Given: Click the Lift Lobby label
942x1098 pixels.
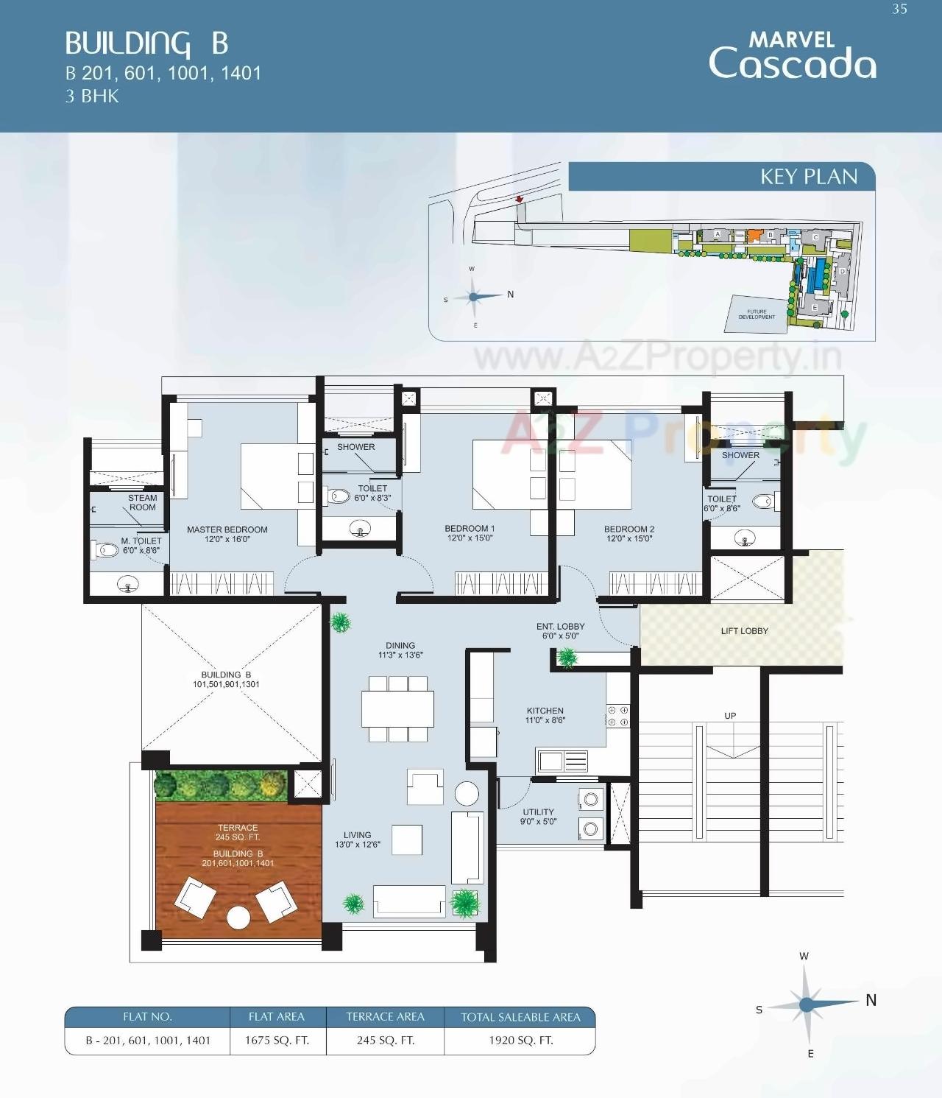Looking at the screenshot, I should tap(744, 631).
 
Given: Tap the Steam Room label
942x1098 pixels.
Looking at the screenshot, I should tap(142, 502).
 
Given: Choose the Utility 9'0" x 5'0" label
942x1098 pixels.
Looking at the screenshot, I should tap(539, 817).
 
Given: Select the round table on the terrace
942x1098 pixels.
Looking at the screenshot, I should tap(238, 918).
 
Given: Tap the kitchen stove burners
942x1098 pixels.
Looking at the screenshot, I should tap(617, 717).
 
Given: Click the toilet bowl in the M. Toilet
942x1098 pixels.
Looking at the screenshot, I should tap(100, 549).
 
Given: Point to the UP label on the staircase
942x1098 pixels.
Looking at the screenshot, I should tap(730, 716).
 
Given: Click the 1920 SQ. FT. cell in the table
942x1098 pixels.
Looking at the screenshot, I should tap(520, 1041).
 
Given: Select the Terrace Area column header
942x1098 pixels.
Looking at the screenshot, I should tap(385, 1017).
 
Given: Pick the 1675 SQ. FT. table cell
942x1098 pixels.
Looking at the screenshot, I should tap(277, 1041).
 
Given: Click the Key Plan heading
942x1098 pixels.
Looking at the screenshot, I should tap(808, 177).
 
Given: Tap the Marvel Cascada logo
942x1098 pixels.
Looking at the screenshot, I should tap(792, 55).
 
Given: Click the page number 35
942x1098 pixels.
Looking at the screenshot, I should tap(899, 10).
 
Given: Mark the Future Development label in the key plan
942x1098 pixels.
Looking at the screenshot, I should tap(757, 314).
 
